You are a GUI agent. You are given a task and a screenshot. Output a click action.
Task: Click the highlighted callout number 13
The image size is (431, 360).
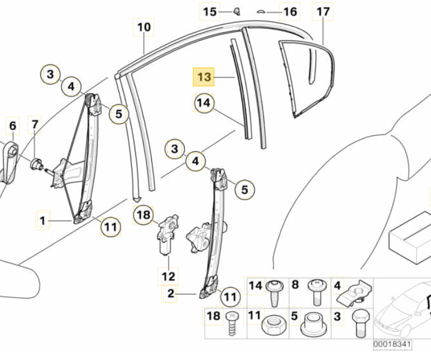pos(203,76)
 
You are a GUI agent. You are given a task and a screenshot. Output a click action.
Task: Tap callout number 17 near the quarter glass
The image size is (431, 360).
pos(323,12)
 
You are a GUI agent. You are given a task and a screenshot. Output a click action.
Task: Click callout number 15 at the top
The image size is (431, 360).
pos(209,12)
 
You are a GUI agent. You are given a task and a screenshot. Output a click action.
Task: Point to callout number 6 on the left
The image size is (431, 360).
pos(12,126)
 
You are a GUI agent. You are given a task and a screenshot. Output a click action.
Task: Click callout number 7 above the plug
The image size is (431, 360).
pos(35,124)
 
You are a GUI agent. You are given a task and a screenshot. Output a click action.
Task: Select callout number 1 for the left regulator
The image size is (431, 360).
pos(42,221)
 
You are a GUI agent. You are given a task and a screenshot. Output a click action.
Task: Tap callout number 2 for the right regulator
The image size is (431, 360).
pos(170,292)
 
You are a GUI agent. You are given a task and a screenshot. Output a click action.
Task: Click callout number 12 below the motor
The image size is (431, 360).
pos(169,276)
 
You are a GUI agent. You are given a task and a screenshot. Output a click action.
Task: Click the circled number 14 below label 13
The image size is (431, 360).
pos(204,103)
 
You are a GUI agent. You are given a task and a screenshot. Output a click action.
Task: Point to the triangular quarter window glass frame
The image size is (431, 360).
pos(307,78)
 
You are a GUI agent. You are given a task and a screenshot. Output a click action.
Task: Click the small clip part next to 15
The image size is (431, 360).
pos(236,11)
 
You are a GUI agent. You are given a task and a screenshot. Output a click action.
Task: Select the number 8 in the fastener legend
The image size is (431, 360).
pos(295,286)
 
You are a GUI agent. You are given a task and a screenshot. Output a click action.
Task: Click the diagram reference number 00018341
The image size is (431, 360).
pos(392,345)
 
